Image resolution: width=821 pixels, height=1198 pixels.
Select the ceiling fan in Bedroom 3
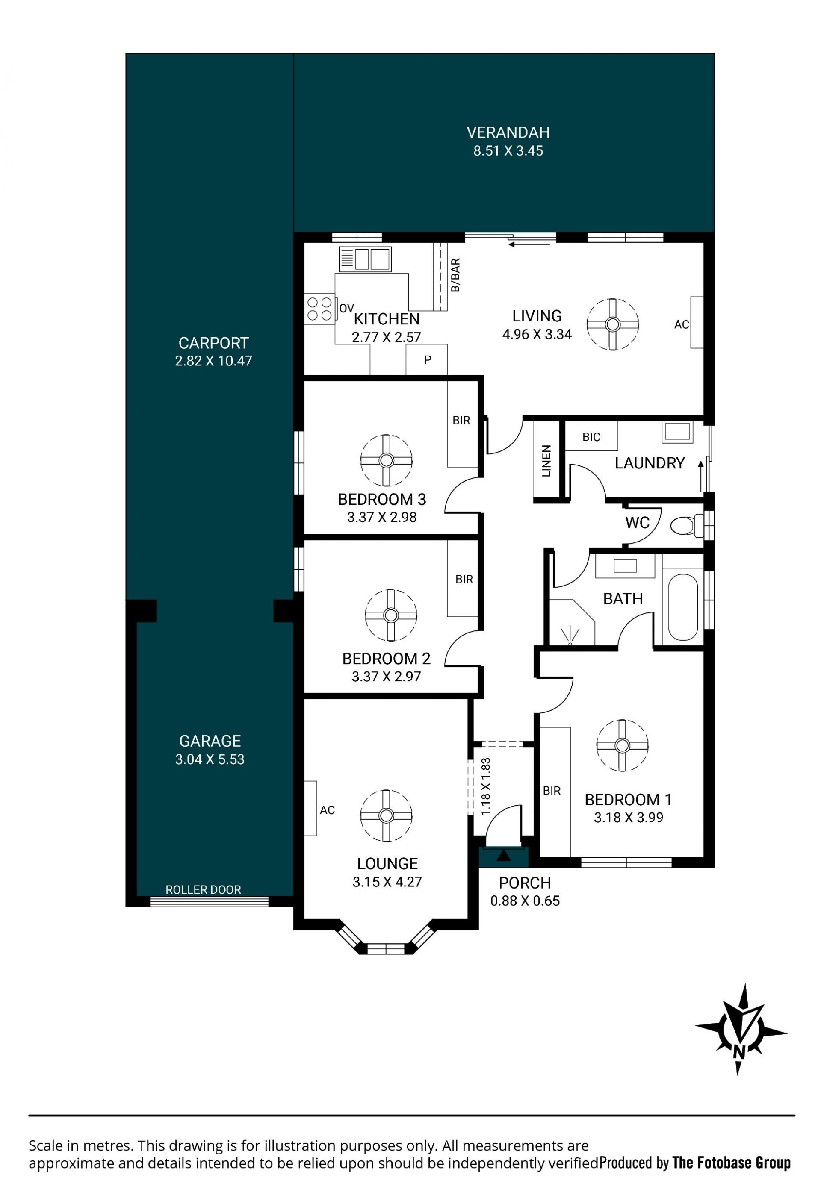386,460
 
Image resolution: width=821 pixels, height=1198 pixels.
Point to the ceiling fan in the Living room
613,324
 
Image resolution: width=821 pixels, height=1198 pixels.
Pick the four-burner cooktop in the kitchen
320,308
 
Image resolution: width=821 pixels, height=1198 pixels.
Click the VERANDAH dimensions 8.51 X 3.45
508,151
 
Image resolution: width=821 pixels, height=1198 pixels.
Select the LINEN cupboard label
546,461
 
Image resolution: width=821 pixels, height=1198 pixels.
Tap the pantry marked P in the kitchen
427,360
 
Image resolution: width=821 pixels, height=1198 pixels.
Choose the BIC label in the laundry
591,437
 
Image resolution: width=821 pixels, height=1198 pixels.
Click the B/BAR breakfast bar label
455,275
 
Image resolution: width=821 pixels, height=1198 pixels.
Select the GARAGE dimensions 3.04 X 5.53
210,759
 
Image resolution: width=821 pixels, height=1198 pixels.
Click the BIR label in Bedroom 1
551,791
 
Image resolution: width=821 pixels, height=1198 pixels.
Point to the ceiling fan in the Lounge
386,815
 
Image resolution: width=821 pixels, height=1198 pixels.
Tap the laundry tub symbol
677,432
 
